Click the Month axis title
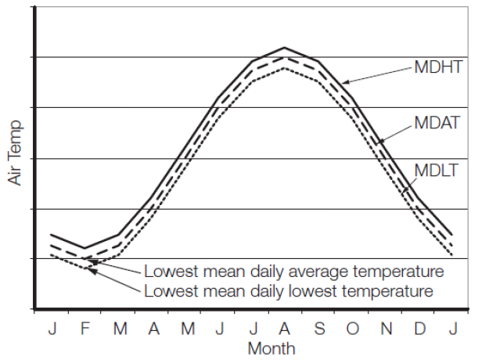click(271, 347)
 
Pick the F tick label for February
click(86, 327)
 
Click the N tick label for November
click(386, 327)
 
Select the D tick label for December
click(419, 327)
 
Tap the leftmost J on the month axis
click(52, 327)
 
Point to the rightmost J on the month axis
click(453, 327)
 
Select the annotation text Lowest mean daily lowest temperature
click(288, 291)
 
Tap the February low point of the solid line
click(84, 248)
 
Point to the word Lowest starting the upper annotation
click(167, 272)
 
